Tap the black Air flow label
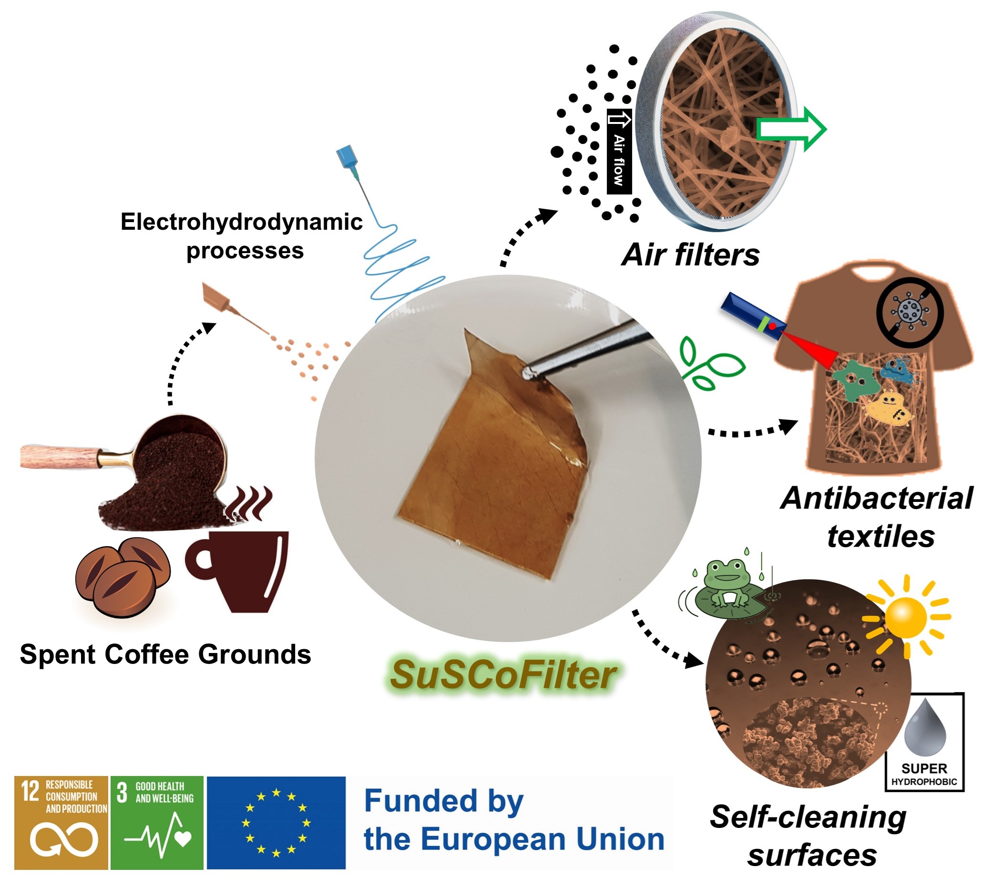(619, 152)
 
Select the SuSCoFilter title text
(503, 675)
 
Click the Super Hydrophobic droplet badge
(925, 742)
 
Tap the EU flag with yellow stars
(276, 822)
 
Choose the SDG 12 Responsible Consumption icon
(61, 822)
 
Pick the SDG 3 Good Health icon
(157, 822)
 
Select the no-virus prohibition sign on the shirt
(909, 312)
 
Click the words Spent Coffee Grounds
(165, 654)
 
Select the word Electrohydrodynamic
(241, 222)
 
